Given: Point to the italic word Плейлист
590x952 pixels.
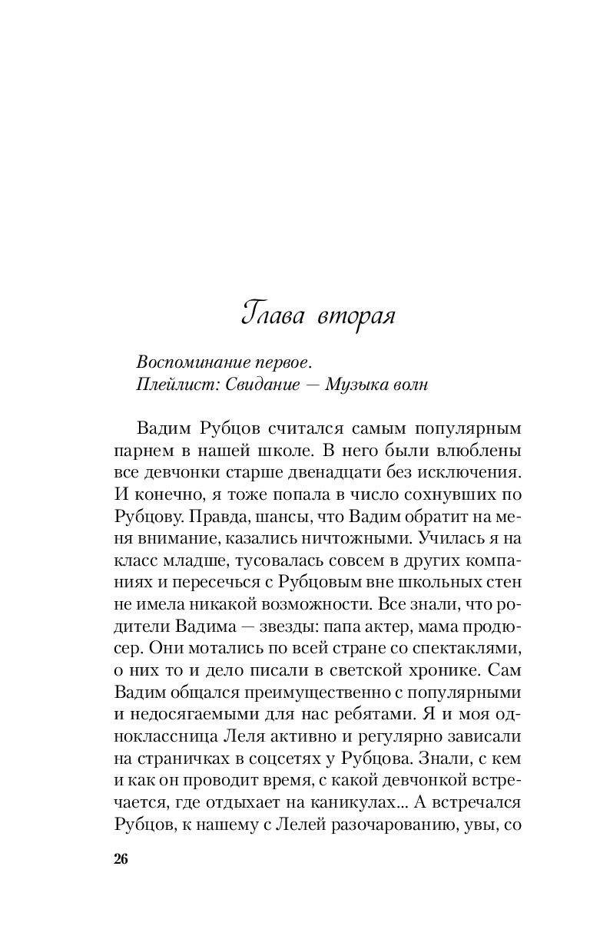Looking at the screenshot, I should pyautogui.click(x=172, y=385).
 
